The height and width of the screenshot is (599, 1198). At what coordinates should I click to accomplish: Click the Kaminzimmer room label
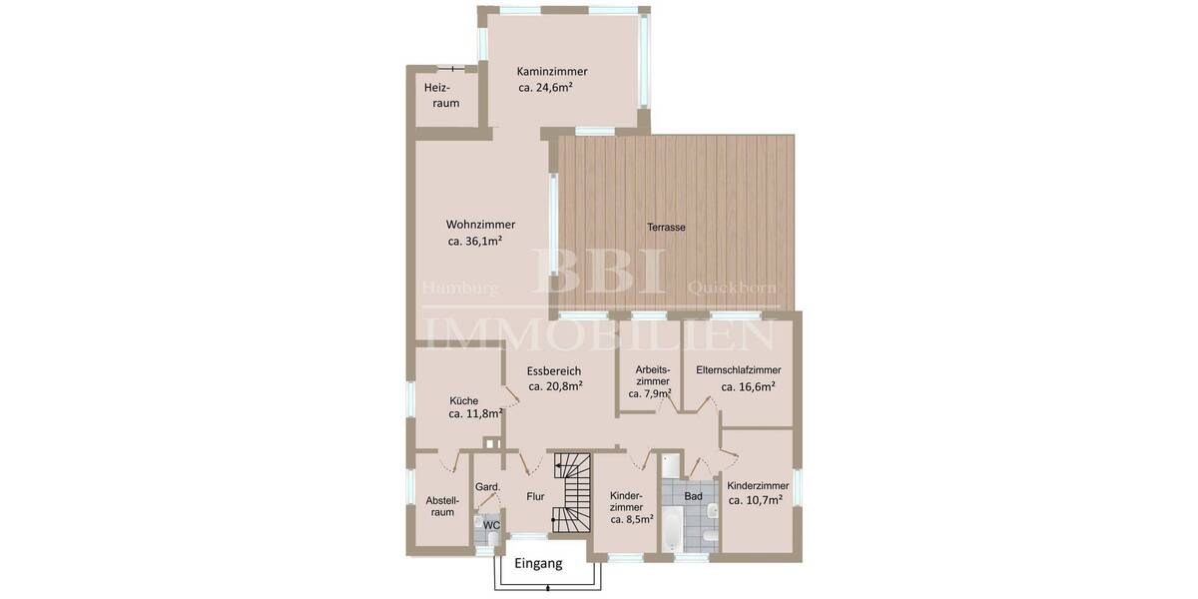tap(552, 72)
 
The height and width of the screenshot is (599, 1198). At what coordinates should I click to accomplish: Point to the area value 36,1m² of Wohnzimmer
tap(475, 241)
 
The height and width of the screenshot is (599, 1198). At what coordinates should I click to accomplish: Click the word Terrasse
tap(666, 228)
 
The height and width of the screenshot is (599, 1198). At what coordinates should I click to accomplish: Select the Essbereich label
tap(554, 370)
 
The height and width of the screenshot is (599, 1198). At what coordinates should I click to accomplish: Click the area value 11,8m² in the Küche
tap(475, 414)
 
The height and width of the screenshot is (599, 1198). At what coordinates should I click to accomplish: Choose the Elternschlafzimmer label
tap(739, 369)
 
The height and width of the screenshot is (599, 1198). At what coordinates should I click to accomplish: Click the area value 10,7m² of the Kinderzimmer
tap(755, 501)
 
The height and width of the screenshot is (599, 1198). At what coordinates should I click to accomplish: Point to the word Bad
tap(693, 496)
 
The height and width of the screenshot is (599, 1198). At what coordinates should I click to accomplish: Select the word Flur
tap(535, 495)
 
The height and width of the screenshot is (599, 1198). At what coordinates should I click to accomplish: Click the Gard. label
tap(488, 487)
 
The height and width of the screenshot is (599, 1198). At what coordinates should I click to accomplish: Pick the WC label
tap(491, 525)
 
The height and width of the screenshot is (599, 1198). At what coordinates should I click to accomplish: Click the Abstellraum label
tap(442, 506)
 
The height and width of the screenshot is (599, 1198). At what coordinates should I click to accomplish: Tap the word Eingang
tap(538, 563)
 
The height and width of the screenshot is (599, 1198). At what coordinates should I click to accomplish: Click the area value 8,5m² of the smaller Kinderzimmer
tap(632, 519)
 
